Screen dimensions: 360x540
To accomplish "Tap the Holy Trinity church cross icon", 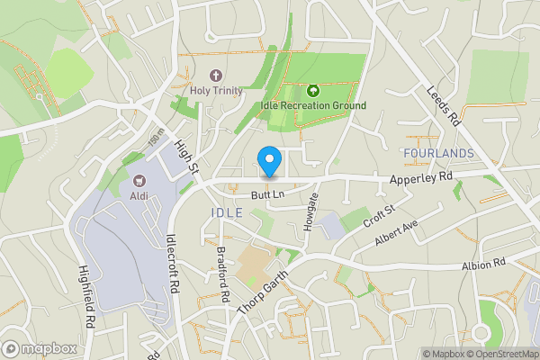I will click(216, 76).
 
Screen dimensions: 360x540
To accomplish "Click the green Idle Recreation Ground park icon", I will click(313, 90).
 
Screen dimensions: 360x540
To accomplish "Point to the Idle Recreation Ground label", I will click(313, 106).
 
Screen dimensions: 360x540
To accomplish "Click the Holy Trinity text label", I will click(216, 91).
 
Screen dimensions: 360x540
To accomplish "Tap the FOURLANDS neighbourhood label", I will click(439, 154).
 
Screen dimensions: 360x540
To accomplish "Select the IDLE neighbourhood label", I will click(226, 212).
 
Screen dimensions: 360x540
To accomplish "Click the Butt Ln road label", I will click(268, 193).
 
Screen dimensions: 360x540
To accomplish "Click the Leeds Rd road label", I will click(443, 105).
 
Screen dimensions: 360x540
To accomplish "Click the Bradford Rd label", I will click(223, 274).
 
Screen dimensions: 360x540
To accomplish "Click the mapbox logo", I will click(40, 348).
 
